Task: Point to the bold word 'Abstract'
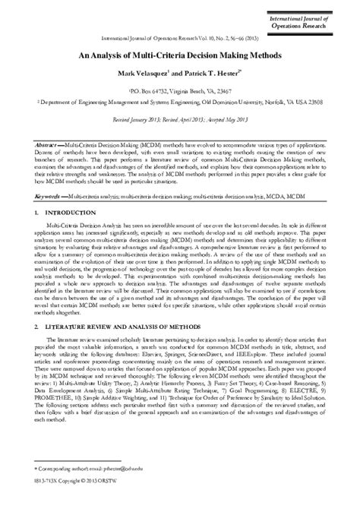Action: tap(48, 143)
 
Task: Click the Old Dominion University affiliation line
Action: tap(179, 101)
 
